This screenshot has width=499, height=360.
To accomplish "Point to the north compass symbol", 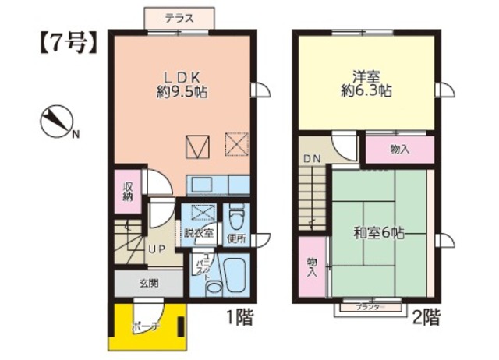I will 56,123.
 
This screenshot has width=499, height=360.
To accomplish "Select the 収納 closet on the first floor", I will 127,191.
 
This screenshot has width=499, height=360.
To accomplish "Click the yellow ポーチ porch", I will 148,325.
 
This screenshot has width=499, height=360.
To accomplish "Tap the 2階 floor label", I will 426,318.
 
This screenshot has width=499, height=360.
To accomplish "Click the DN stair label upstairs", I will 312,160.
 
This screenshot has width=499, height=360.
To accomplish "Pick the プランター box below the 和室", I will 370,308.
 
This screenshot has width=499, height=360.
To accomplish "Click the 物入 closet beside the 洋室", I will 400,148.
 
